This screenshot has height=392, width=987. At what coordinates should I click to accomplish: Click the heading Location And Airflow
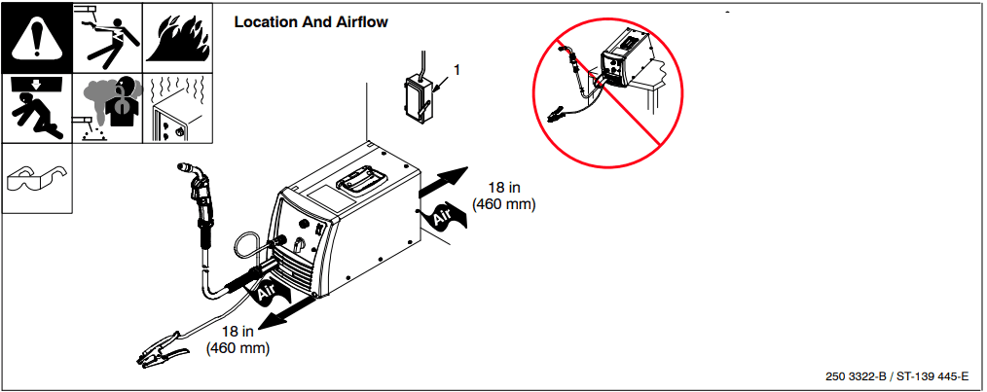(311, 21)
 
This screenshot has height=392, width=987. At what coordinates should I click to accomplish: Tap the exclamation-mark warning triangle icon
(36, 37)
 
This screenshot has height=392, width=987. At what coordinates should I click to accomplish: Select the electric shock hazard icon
(107, 37)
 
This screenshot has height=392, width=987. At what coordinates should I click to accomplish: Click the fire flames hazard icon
(178, 37)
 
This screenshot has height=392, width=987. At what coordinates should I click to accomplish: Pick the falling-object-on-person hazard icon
(36, 108)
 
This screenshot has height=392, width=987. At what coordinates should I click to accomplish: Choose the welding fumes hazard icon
(107, 108)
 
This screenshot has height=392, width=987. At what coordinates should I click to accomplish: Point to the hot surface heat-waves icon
(178, 108)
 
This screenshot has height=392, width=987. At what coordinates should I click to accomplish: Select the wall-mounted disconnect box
(420, 98)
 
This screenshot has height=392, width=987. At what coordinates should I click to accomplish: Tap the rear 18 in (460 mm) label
(503, 196)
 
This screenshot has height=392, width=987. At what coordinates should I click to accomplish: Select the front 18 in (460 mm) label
(238, 339)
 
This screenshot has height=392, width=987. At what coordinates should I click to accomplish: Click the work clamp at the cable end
(160, 349)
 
